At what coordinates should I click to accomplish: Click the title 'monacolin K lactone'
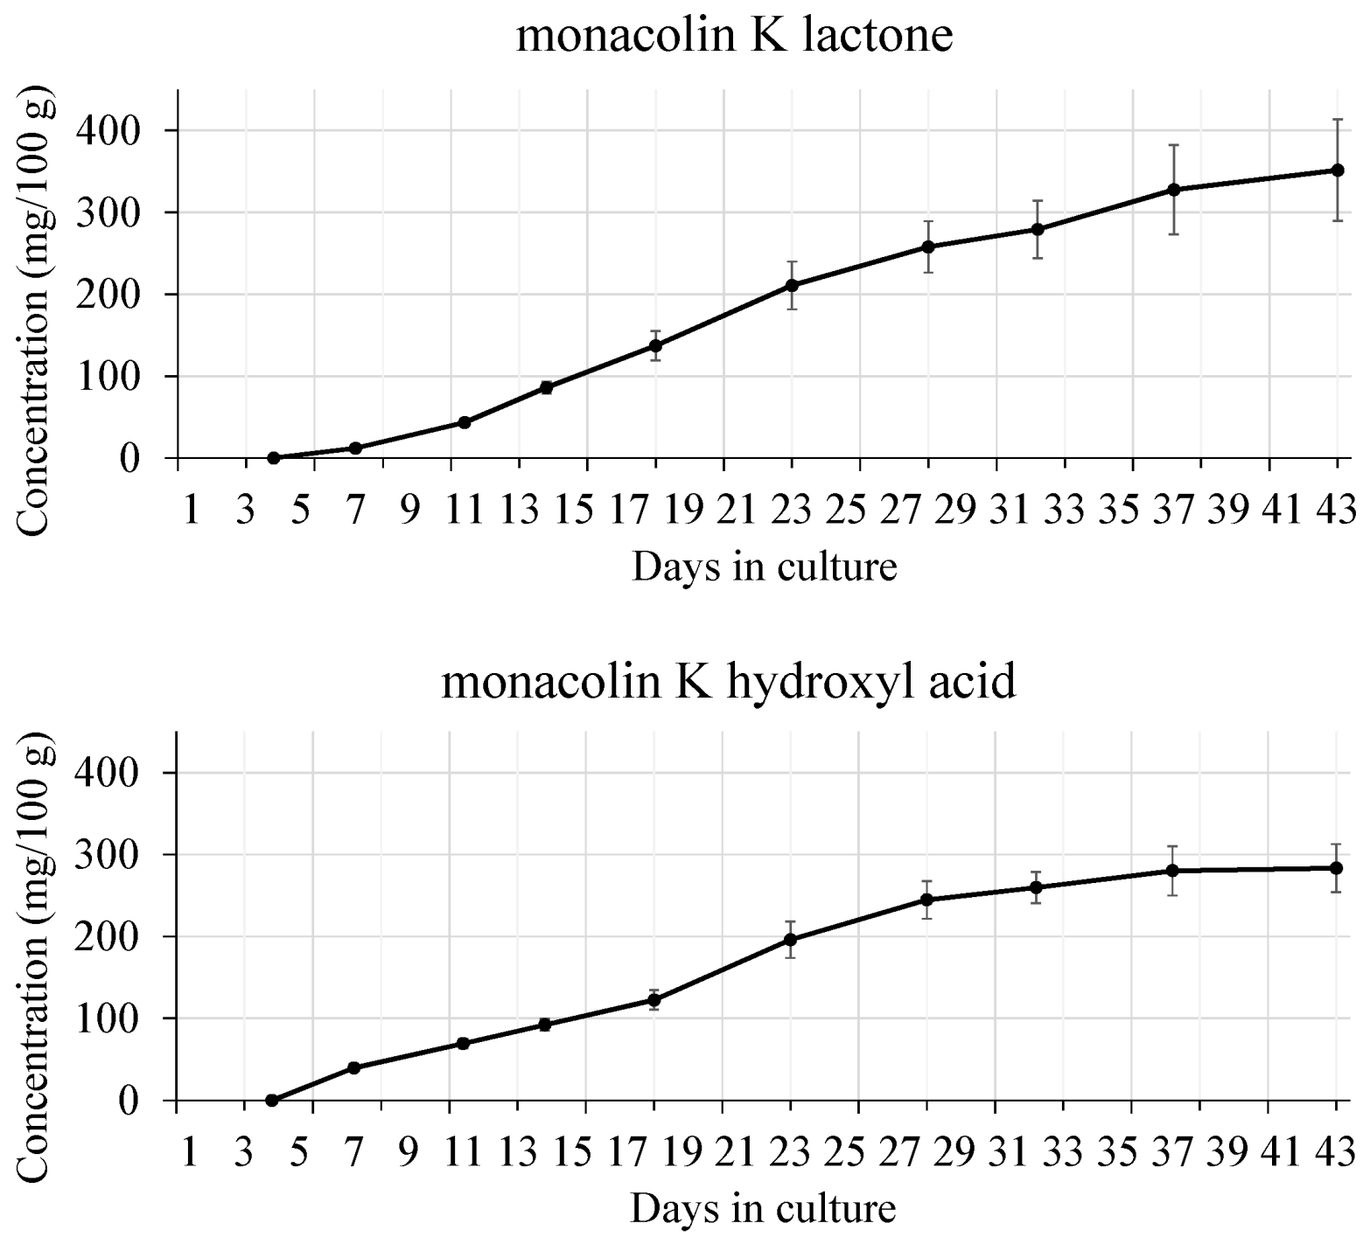pyautogui.click(x=734, y=37)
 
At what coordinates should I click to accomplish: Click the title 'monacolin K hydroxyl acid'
pyautogui.click(x=729, y=681)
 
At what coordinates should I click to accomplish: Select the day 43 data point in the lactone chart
pyautogui.click(x=1338, y=170)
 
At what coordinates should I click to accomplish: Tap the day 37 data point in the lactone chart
pyautogui.click(x=1174, y=190)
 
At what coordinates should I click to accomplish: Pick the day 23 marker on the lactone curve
pyautogui.click(x=792, y=285)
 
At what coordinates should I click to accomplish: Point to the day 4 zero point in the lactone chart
pyautogui.click(x=273, y=457)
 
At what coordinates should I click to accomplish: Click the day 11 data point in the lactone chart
pyautogui.click(x=465, y=422)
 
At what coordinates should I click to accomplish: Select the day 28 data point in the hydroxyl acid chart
pyautogui.click(x=927, y=900)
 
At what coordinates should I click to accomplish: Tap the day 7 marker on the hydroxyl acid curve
pyautogui.click(x=354, y=1067)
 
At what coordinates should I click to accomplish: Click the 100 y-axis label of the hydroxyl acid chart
pyautogui.click(x=108, y=1019)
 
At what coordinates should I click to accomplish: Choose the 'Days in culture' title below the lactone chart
pyautogui.click(x=765, y=566)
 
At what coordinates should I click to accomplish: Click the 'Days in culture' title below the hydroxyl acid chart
pyautogui.click(x=763, y=1209)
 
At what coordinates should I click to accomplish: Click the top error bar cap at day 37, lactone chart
pyautogui.click(x=1174, y=145)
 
